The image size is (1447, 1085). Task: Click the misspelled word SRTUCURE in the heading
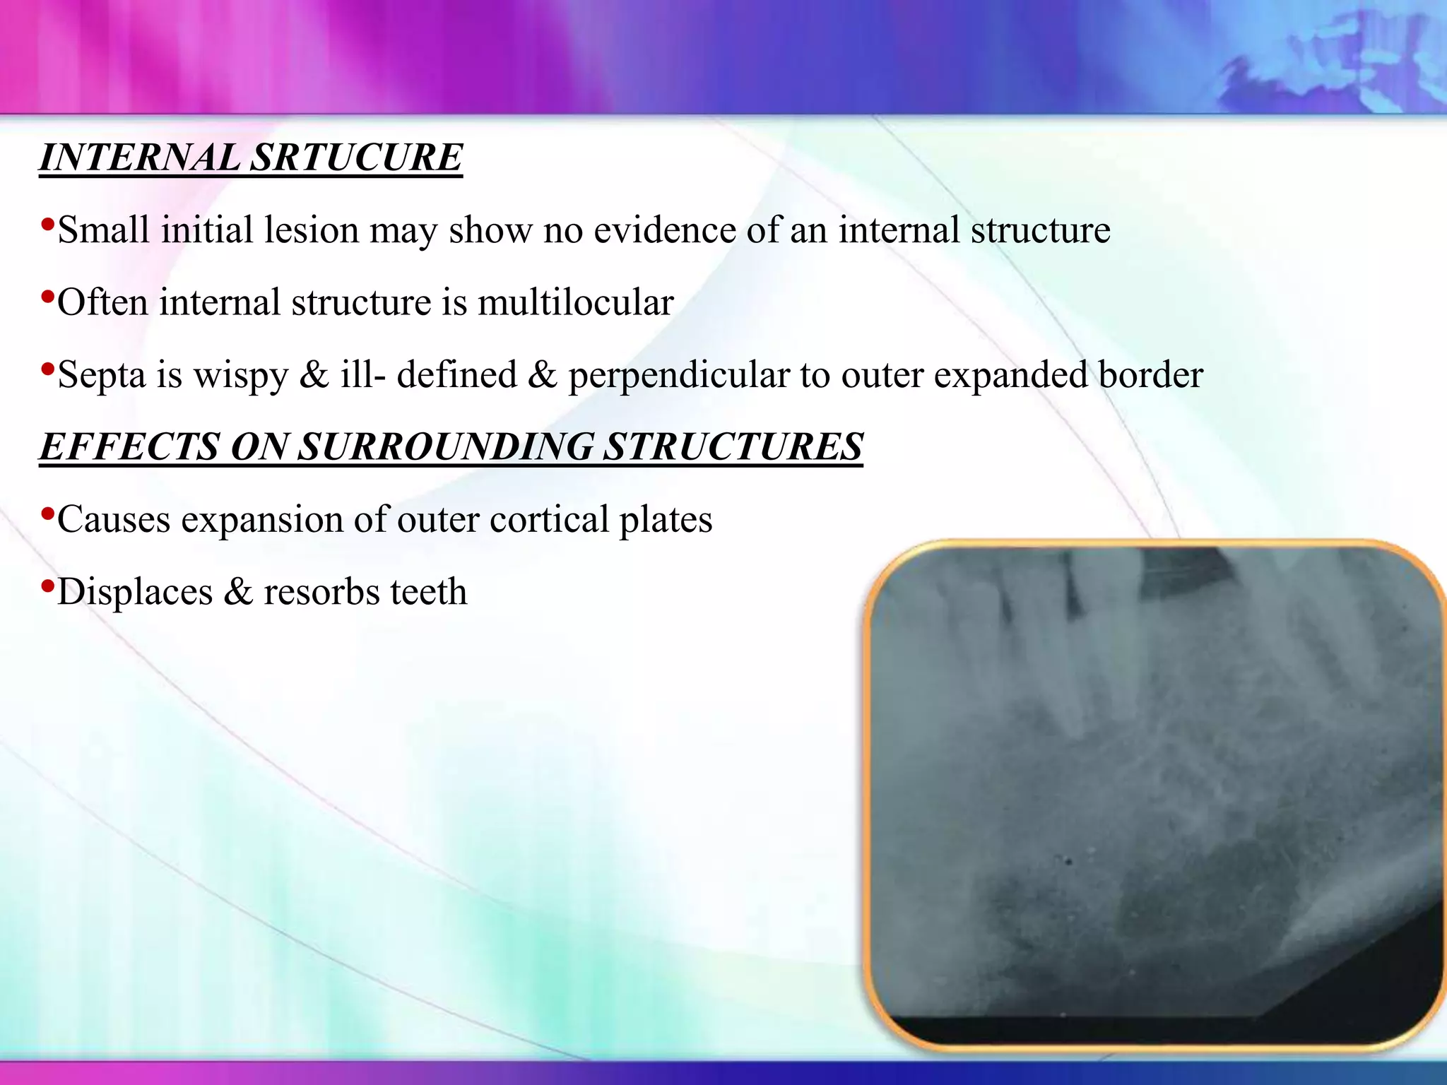(357, 157)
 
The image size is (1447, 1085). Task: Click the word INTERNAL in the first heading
(139, 157)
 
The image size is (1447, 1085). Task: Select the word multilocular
(575, 302)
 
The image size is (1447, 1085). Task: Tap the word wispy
(241, 375)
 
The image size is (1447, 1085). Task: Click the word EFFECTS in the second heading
(129, 446)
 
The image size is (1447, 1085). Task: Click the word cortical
(549, 519)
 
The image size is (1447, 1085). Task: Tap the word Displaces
(135, 592)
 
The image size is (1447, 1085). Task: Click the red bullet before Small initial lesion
(47, 225)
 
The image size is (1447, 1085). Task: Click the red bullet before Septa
(47, 369)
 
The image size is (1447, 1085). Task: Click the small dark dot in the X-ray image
(1068, 861)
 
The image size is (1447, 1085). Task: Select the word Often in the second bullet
(102, 302)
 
